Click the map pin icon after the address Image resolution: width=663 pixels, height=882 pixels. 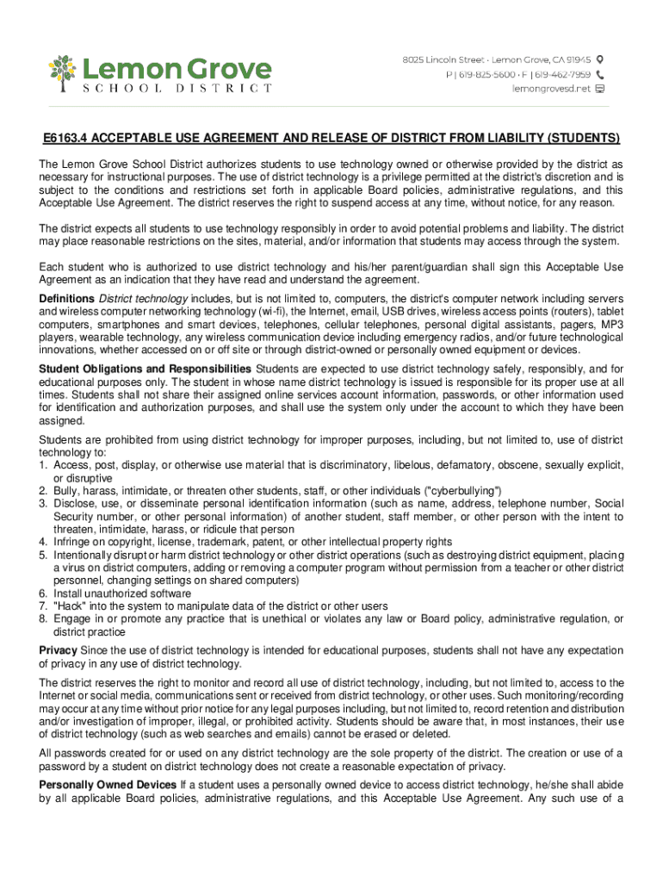pos(601,59)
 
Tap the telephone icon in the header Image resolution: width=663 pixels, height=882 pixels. pos(601,74)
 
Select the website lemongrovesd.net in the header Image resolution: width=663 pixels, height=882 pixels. pos(551,88)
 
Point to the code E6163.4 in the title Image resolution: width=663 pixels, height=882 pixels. pos(67,139)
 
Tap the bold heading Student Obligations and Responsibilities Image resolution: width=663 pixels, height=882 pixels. pos(146,370)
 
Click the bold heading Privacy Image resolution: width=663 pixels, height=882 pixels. pos(58,650)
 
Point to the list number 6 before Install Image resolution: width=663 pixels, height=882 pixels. pos(44,593)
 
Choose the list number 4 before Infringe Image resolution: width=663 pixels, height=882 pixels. pos(44,542)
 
